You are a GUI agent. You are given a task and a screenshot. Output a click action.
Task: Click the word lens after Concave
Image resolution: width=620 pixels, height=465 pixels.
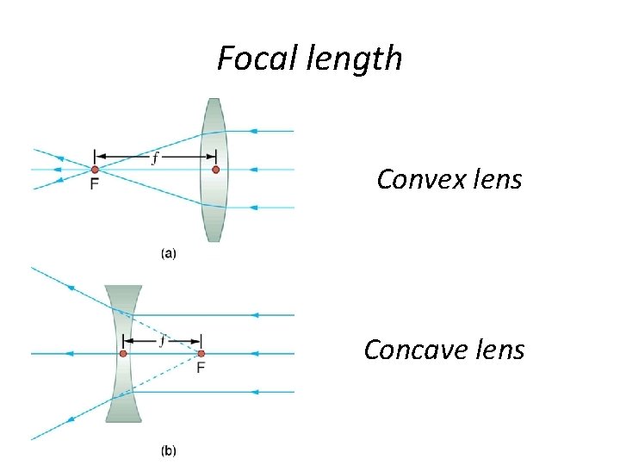coord(498,350)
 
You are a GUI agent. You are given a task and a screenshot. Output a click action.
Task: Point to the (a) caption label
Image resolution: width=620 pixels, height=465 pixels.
coord(169,254)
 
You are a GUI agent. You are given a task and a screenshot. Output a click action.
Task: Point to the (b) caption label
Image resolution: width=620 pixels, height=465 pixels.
coord(169,450)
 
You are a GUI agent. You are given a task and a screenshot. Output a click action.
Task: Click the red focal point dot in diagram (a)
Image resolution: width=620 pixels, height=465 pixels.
coord(95,170)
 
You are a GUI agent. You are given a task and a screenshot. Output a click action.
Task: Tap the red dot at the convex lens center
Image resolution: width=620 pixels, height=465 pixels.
coord(215,170)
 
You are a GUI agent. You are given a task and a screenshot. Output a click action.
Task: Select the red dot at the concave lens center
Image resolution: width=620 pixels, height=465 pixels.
coord(123,353)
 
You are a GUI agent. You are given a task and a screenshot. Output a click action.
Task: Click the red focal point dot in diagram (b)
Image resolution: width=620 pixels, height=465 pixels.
coord(201,353)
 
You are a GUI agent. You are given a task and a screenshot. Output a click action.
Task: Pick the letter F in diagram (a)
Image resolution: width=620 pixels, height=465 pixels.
coord(94,184)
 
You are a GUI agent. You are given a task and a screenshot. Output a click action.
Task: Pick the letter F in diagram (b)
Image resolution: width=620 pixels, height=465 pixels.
coord(201,369)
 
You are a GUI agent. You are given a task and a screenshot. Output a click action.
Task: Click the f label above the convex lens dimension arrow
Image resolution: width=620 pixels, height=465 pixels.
coord(155,158)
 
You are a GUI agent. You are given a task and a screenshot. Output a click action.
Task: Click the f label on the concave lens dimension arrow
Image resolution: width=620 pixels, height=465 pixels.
coord(162,340)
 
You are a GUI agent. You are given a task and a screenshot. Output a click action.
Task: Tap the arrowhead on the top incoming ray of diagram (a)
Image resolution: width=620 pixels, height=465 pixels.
coord(253,131)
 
